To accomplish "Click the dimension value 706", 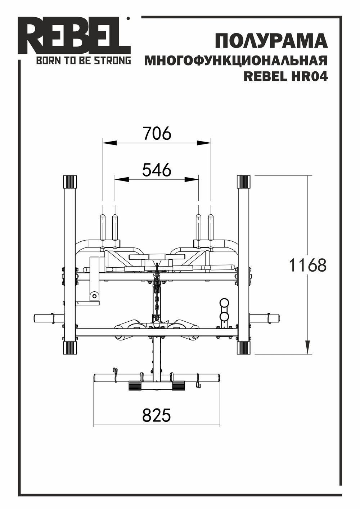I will tap(157, 133).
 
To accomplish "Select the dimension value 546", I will tap(157, 170).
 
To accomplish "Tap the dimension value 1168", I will tap(308, 265).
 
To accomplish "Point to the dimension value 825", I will tap(156, 415).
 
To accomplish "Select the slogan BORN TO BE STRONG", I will tap(83, 61).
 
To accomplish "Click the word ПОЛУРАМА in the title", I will tap(271, 41).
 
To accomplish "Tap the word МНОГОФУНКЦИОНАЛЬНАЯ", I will tap(236, 61).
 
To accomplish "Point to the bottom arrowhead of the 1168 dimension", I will tap(307, 347).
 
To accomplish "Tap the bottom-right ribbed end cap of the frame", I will tap(243, 348).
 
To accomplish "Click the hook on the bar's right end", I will tap(198, 381).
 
